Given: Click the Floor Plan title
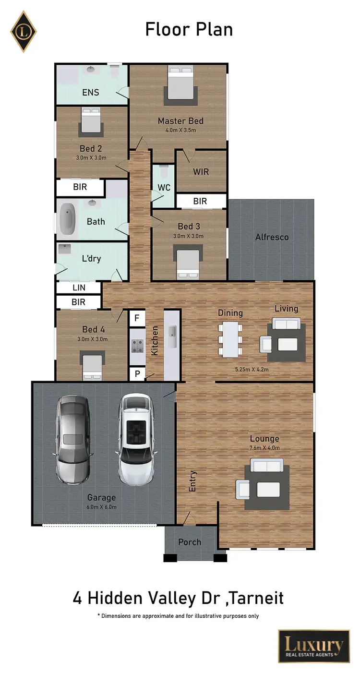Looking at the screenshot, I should pos(189,30).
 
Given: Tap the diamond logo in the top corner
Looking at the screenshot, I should pos(24,31).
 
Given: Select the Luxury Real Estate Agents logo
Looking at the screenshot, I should pos(314,646).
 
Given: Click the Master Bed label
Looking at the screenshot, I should pos(180,121).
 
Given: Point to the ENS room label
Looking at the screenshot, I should pos(90,92).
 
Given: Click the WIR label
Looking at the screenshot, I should pos(201,171).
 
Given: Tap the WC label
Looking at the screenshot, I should pos(164,188).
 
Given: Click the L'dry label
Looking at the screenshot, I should pos(91,259).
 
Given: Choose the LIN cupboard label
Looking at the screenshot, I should pos(79,288).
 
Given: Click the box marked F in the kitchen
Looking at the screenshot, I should pos(137,318).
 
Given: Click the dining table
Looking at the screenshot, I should pos(231,339).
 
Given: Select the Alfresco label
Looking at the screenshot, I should pos(272,237).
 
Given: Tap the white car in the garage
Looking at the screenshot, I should pos(137,439).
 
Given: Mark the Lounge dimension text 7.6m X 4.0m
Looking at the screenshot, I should pos(264,448).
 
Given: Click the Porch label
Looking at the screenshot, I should pos(190,542).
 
